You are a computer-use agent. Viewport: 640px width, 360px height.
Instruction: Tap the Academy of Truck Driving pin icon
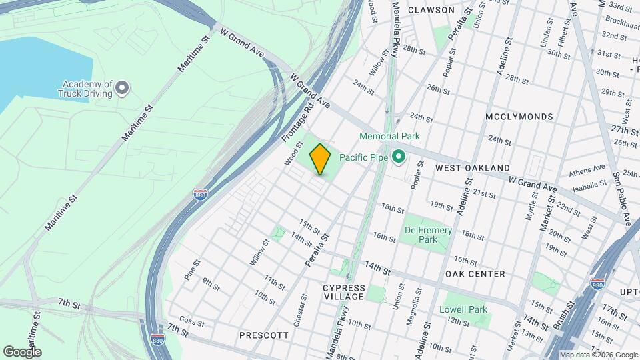point(122,87)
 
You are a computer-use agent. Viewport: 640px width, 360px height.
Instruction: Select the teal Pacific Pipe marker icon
point(399,157)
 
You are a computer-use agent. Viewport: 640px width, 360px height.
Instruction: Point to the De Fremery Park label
point(429,235)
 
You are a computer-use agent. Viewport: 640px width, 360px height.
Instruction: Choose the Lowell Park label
point(463,309)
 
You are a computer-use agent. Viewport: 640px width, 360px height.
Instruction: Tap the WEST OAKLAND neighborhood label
point(472,168)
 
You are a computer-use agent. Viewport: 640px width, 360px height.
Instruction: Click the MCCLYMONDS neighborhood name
point(519,117)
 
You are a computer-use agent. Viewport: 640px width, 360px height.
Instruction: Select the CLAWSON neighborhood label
point(431,10)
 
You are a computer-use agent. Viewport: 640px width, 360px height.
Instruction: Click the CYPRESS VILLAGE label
point(344,292)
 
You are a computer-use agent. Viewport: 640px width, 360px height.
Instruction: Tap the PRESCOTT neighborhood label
point(264,335)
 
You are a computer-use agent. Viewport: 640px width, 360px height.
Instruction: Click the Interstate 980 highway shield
point(597,285)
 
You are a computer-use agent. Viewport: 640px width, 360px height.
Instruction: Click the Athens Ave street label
point(587,171)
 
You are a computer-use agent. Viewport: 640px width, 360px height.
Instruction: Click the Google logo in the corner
point(22,352)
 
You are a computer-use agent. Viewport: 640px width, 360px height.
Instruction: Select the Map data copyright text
point(598,355)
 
